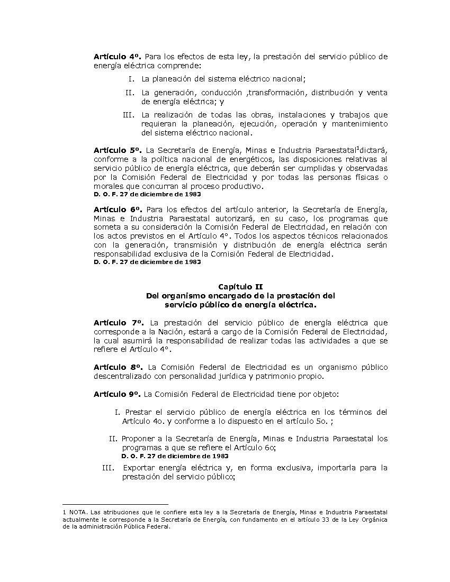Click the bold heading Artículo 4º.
click(116, 56)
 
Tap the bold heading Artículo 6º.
click(116, 210)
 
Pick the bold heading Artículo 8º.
click(118, 367)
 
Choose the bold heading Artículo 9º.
click(116, 394)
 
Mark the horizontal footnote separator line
click(115, 504)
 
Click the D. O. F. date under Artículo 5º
click(147, 195)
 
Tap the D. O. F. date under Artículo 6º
click(147, 262)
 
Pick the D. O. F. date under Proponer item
click(175, 456)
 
